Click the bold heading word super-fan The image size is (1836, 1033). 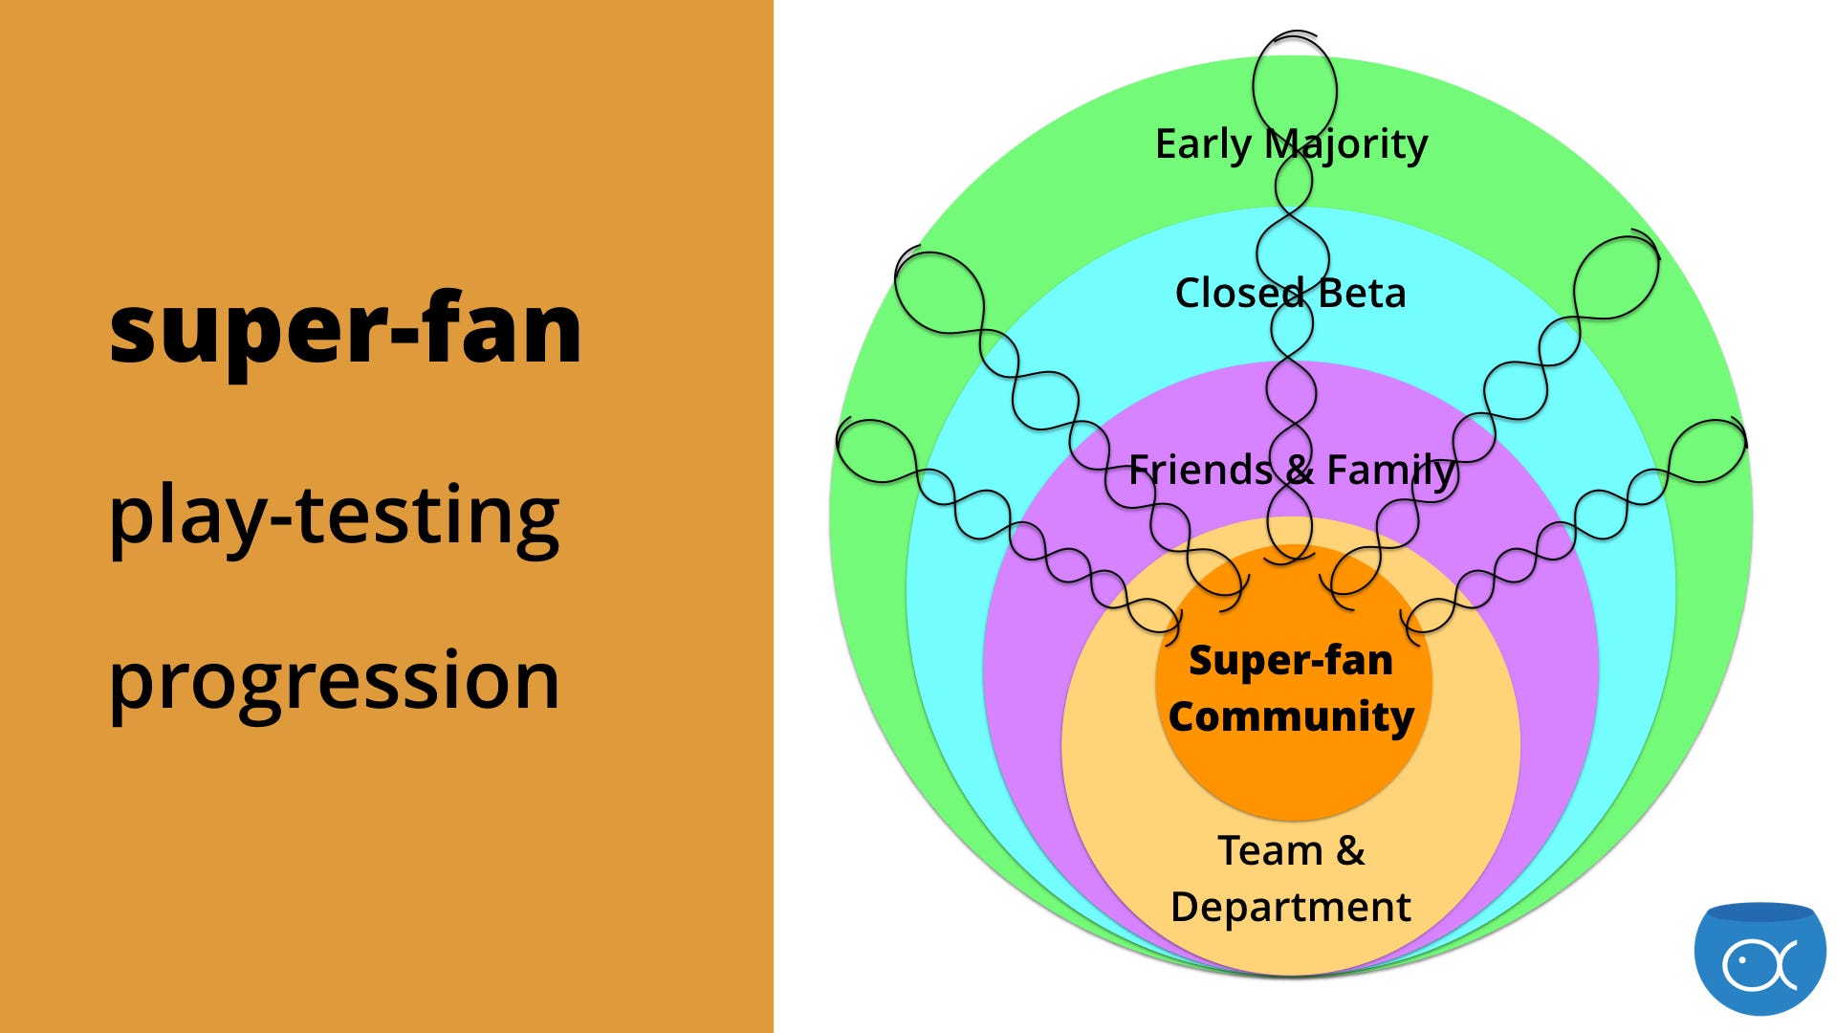point(345,329)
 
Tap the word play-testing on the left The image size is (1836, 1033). point(334,516)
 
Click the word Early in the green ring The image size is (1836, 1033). point(1203,145)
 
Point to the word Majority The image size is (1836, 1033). point(1346,145)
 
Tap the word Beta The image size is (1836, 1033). point(1362,293)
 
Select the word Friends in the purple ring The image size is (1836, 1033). point(1200,470)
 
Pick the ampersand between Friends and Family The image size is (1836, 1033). point(1300,470)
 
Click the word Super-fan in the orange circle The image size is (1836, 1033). point(1291,661)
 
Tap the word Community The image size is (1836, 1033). point(1291,717)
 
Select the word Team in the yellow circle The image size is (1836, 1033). point(1270,850)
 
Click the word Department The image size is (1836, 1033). point(1291,908)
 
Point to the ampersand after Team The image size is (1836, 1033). point(1350,850)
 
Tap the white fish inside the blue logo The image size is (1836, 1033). point(1759,965)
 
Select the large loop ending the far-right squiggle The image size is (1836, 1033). point(1707,451)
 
